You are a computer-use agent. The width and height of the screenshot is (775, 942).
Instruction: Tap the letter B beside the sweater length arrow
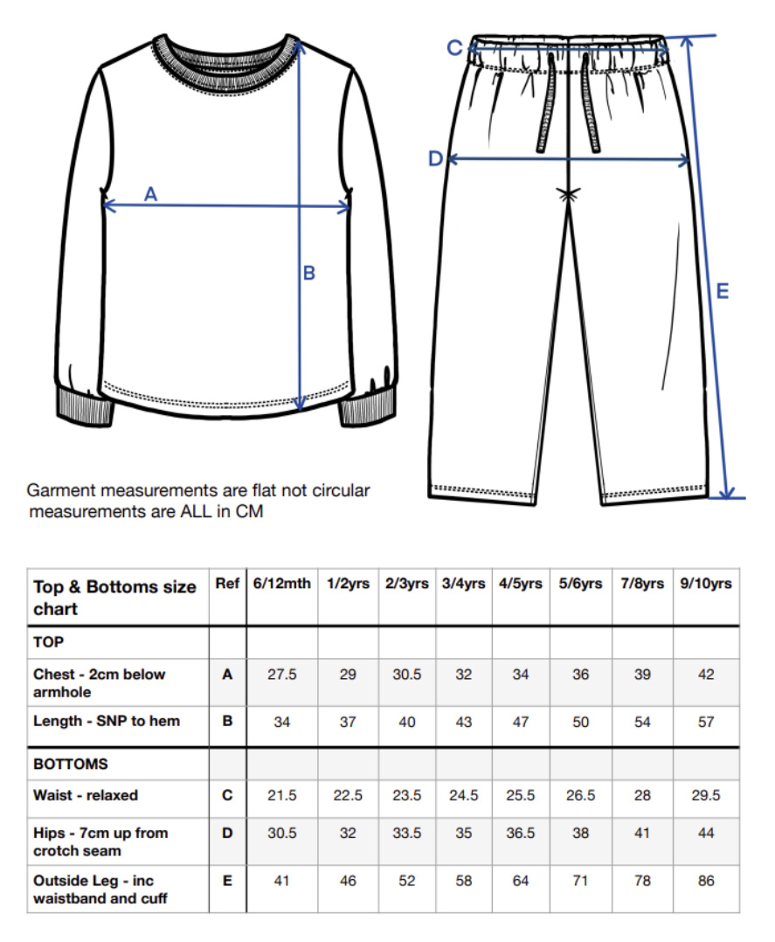(x=308, y=274)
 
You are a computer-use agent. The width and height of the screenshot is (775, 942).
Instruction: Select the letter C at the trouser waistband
(x=454, y=48)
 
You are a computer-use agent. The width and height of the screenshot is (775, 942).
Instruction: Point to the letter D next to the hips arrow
(x=435, y=158)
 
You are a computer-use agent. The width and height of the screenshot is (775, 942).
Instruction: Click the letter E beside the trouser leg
(x=722, y=292)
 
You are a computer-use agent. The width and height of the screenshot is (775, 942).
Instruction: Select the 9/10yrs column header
(x=706, y=584)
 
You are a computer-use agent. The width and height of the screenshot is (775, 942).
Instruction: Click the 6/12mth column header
(x=281, y=584)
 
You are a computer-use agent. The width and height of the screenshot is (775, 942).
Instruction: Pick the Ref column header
(x=227, y=584)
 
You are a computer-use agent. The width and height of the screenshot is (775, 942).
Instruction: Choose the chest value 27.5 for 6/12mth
(x=281, y=675)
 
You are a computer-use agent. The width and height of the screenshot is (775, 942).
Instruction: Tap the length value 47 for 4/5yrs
(x=521, y=722)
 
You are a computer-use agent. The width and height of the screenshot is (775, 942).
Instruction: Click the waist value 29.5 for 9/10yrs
(x=706, y=795)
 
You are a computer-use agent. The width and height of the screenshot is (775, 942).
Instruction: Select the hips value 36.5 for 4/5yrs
(x=521, y=834)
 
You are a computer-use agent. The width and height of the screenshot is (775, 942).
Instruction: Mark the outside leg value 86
(x=706, y=881)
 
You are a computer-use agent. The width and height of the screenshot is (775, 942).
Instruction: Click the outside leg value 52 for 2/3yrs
(x=407, y=881)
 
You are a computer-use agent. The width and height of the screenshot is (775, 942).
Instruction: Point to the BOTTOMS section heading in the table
(x=71, y=764)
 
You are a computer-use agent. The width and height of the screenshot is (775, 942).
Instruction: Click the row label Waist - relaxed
(x=86, y=795)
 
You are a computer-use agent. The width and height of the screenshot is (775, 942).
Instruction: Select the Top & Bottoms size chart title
(x=114, y=598)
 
